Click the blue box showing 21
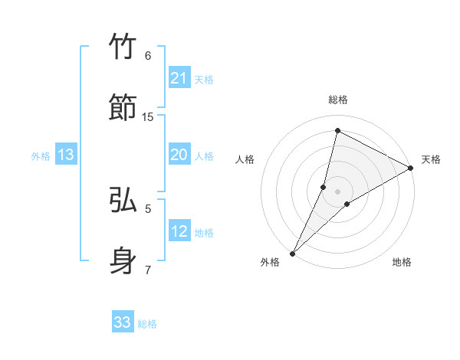[179, 78]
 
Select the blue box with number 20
[179, 155]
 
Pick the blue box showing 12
[179, 231]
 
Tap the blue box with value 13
[66, 155]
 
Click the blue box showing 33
[123, 322]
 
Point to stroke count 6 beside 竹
[148, 56]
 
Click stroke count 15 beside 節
[148, 116]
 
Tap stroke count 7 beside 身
[148, 269]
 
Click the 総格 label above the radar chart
[337, 100]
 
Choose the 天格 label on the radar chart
[431, 159]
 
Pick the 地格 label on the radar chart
[402, 262]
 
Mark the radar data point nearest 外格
[292, 253]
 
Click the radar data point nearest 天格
[411, 169]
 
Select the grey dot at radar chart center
[338, 191]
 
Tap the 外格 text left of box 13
[41, 156]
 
